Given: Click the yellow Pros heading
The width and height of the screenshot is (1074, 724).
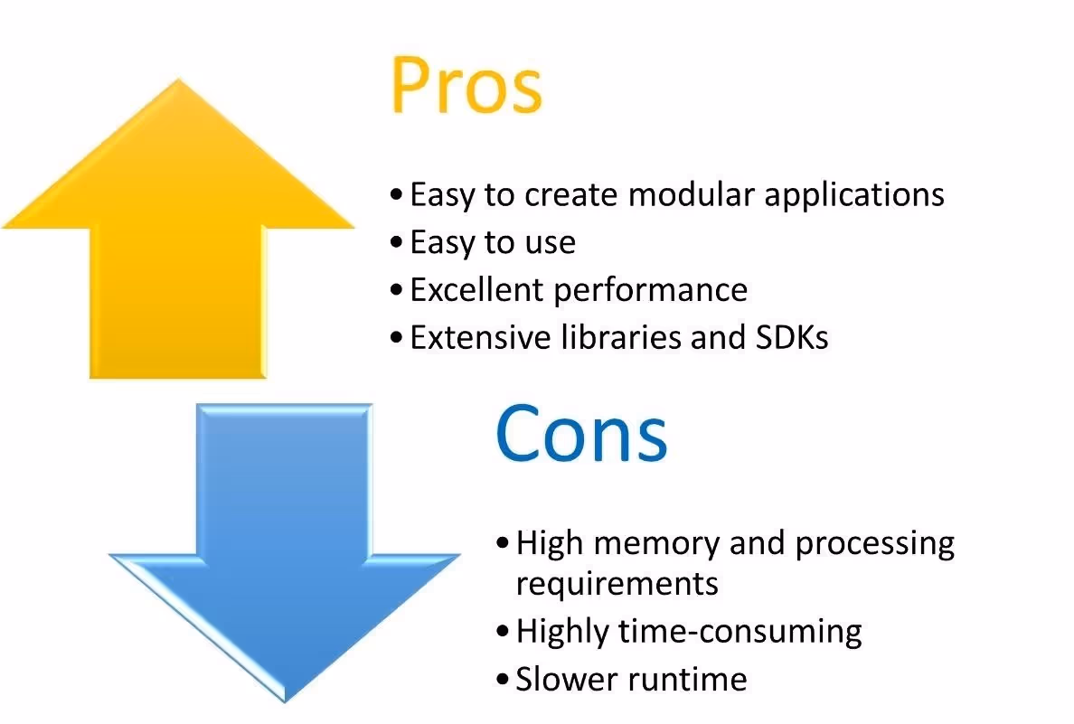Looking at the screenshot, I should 466,86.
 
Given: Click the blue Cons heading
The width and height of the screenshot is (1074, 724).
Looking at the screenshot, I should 581,432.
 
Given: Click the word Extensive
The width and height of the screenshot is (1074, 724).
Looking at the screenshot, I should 476,337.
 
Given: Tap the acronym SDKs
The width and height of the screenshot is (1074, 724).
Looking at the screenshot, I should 790,337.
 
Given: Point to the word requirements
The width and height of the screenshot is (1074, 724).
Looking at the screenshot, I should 617,584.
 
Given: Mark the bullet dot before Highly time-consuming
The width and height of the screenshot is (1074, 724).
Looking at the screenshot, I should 503,631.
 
